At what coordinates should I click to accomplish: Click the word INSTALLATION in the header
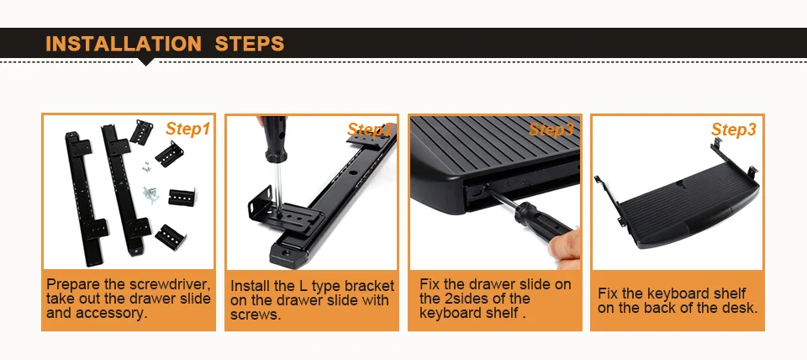click(x=124, y=44)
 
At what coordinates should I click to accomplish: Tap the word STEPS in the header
click(x=250, y=44)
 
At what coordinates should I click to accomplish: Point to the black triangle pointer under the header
click(x=146, y=61)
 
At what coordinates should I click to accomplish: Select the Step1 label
click(x=187, y=129)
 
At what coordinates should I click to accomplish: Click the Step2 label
click(x=370, y=130)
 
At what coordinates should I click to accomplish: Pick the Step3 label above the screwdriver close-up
click(x=551, y=130)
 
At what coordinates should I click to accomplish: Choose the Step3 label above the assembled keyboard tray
click(x=734, y=130)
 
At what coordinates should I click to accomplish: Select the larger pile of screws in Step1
click(x=151, y=194)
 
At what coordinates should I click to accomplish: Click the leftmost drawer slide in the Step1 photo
click(x=85, y=198)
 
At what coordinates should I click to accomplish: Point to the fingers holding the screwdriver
click(x=565, y=251)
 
